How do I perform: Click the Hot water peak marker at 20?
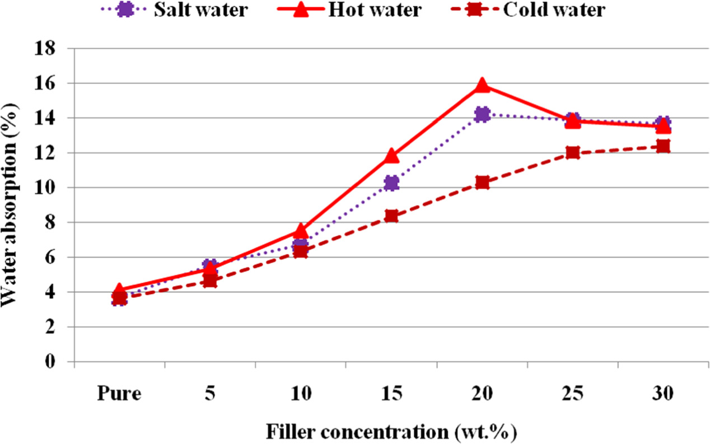pyautogui.click(x=482, y=85)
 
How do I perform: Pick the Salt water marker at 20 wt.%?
pyautogui.click(x=482, y=114)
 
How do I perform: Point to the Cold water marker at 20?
pyautogui.click(x=482, y=183)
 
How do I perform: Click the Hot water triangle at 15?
pyautogui.click(x=391, y=156)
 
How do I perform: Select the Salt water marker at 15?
pyautogui.click(x=391, y=183)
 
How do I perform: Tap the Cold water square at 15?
pyautogui.click(x=391, y=216)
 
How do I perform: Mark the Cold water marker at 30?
pyautogui.click(x=663, y=147)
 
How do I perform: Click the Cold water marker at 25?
pyautogui.click(x=572, y=153)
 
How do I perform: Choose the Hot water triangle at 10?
pyautogui.click(x=301, y=231)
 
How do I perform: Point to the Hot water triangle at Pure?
pyautogui.click(x=119, y=290)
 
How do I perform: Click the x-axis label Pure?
pyautogui.click(x=119, y=393)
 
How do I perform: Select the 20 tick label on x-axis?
pyautogui.click(x=482, y=393)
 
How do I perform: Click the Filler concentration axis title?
pyautogui.click(x=391, y=432)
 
